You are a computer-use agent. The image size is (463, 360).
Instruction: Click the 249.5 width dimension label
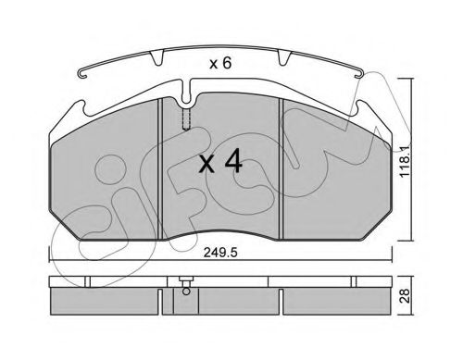click(220, 253)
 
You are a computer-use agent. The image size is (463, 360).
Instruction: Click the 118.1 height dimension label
click(405, 161)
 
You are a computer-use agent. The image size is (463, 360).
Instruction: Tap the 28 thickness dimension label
click(405, 296)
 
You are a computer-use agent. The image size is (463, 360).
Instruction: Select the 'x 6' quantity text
click(220, 64)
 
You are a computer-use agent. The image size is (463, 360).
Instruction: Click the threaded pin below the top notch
click(186, 119)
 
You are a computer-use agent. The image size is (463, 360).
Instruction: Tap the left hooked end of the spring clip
click(82, 74)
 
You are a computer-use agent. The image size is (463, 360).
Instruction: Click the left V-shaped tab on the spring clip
click(156, 57)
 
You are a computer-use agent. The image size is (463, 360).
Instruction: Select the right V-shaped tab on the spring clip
click(284, 57)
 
